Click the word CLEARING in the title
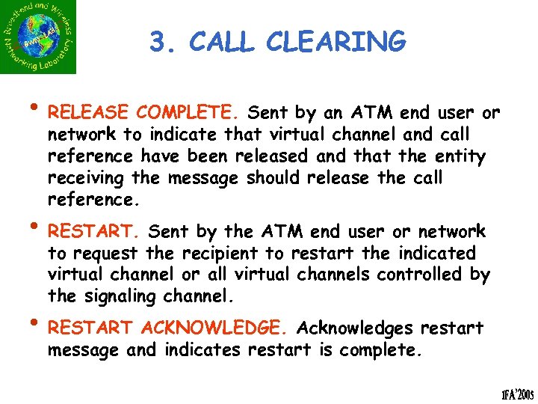tap(344, 43)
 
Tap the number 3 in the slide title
tap(157, 43)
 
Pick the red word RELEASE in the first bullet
tap(89, 114)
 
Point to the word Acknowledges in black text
tap(356, 328)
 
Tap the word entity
tap(463, 157)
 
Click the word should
tap(273, 179)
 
